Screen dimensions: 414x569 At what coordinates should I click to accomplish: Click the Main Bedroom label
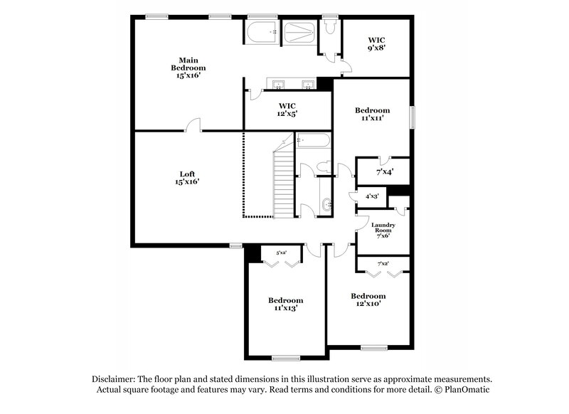188,68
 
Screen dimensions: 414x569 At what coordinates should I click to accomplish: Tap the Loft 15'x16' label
188,177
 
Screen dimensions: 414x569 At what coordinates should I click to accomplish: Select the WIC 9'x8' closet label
376,45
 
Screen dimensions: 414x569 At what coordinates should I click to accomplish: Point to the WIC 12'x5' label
287,109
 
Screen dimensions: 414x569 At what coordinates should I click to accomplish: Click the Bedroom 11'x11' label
373,114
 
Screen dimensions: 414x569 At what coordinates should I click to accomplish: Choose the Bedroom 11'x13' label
285,304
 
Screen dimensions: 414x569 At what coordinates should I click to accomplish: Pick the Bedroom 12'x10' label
368,299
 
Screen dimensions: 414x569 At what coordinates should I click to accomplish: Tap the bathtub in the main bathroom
262,31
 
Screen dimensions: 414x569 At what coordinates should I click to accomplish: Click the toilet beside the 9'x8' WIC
330,26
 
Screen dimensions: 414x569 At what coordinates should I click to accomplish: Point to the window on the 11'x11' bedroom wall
410,117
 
